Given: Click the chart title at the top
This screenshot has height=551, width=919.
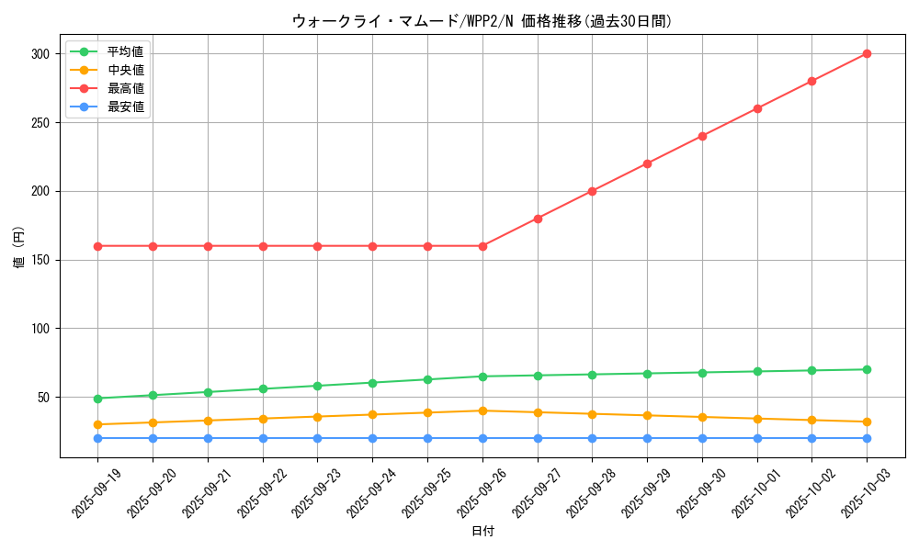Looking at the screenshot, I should tap(482, 20).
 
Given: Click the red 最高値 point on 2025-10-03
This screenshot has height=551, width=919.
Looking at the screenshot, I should tap(867, 53).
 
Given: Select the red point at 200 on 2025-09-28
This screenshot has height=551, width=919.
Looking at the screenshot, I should tap(592, 191).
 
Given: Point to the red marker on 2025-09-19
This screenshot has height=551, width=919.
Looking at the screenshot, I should tap(97, 246).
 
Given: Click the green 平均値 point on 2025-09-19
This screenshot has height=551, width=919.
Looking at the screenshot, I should tap(97, 399).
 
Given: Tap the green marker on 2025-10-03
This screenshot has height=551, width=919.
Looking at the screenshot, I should tap(867, 369).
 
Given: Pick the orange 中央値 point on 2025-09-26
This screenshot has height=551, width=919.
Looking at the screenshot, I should tap(482, 410).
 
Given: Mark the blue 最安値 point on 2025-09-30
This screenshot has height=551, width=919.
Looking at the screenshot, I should tap(702, 438).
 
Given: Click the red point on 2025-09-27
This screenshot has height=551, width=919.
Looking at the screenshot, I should tap(538, 219).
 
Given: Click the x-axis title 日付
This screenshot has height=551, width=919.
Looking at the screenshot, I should tap(482, 532).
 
